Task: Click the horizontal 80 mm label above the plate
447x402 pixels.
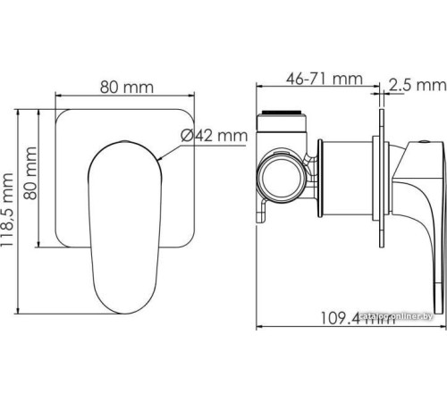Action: point(125,87)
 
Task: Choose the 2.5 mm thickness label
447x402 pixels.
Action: point(417,86)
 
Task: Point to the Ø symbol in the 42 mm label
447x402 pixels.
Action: point(187,136)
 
